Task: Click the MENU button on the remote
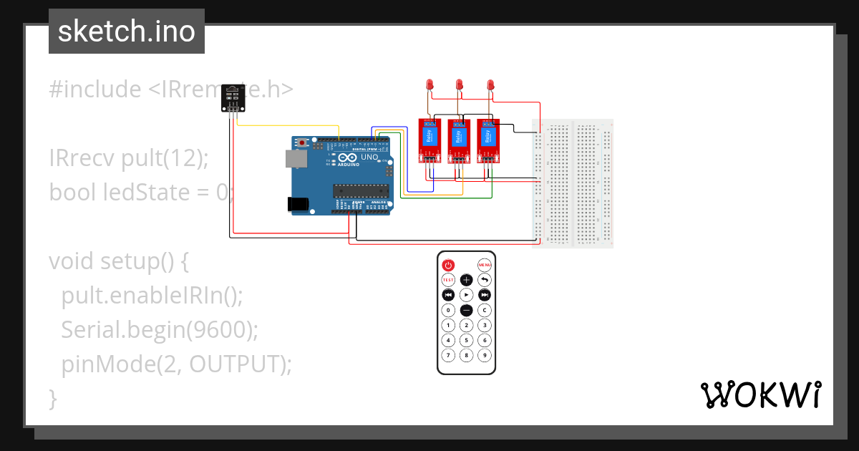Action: [485, 264]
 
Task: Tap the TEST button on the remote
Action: [448, 280]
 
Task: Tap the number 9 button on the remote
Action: [485, 355]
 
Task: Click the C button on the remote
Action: [485, 310]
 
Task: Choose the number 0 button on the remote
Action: [448, 310]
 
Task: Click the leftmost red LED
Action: [429, 85]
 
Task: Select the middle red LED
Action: [460, 85]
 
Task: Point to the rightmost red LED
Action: [490, 85]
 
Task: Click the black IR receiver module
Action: [233, 97]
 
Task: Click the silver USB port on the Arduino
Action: [293, 160]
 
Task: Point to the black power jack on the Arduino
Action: [299, 204]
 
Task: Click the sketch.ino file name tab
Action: [127, 31]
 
